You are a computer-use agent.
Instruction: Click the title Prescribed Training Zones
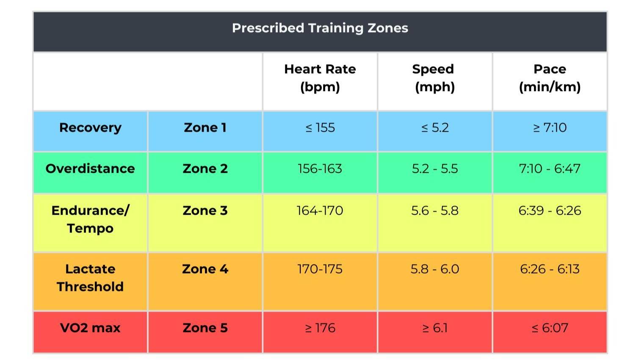tap(320, 28)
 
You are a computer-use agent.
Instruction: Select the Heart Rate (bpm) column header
tap(320, 78)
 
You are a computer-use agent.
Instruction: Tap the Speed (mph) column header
tap(434, 78)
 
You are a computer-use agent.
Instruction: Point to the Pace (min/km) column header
tap(550, 78)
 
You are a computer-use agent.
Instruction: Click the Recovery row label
tap(90, 127)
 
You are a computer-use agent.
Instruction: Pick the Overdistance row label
tap(90, 169)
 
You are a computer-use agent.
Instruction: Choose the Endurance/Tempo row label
tap(90, 219)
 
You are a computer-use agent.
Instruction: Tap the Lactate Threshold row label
tap(90, 278)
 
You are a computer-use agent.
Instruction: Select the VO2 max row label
tap(90, 328)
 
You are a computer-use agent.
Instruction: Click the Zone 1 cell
tap(205, 127)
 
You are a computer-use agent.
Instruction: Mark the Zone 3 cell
tap(205, 210)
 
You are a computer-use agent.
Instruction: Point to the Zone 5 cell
tap(205, 328)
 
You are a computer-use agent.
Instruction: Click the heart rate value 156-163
tap(320, 169)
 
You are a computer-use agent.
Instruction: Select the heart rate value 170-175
tap(320, 269)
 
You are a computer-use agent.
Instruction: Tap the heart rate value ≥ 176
tap(320, 328)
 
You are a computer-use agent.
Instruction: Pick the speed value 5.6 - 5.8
tap(434, 210)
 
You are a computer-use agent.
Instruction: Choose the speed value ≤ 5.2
tap(434, 127)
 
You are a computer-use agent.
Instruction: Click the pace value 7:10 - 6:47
tap(550, 169)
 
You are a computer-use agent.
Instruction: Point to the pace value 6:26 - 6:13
tap(550, 269)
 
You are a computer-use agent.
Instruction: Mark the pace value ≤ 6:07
tap(550, 328)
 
